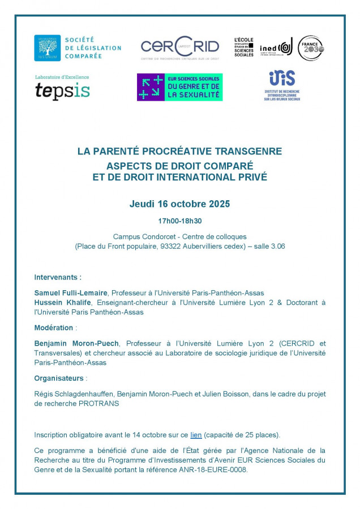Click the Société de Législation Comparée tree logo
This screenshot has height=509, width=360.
pyautogui.click(x=47, y=48)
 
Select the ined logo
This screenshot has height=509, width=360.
pyautogui.click(x=276, y=49)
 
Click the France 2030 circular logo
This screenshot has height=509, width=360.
pyautogui.click(x=311, y=48)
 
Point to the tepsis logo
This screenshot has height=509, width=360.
pyautogui.click(x=62, y=89)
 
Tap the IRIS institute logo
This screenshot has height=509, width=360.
pyautogui.click(x=282, y=85)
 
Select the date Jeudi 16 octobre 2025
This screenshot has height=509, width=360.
pyautogui.click(x=179, y=204)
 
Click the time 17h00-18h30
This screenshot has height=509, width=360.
pyautogui.click(x=179, y=221)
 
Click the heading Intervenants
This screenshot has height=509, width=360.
pyautogui.click(x=58, y=277)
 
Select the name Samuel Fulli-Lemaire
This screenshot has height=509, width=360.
pyautogui.click(x=71, y=292)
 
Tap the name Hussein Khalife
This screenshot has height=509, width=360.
pyautogui.click(x=58, y=303)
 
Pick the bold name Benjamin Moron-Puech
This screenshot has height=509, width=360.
pyautogui.click(x=76, y=343)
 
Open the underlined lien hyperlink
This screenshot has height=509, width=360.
pyautogui.click(x=196, y=435)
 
